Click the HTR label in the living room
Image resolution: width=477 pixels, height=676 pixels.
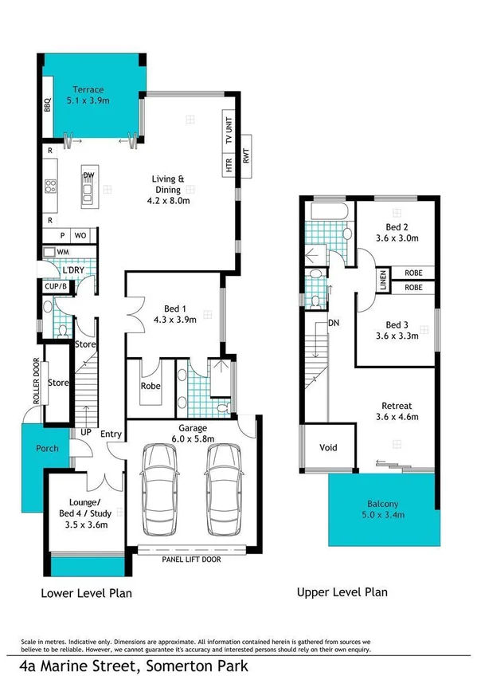tap(229, 165)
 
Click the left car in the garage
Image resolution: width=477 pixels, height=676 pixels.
tap(156, 490)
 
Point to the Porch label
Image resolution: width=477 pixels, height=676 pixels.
tap(47, 448)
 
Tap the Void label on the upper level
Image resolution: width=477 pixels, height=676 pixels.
tap(327, 447)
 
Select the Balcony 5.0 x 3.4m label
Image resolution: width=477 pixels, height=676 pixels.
tap(385, 509)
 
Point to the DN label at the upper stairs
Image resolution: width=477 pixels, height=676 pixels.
tap(333, 324)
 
